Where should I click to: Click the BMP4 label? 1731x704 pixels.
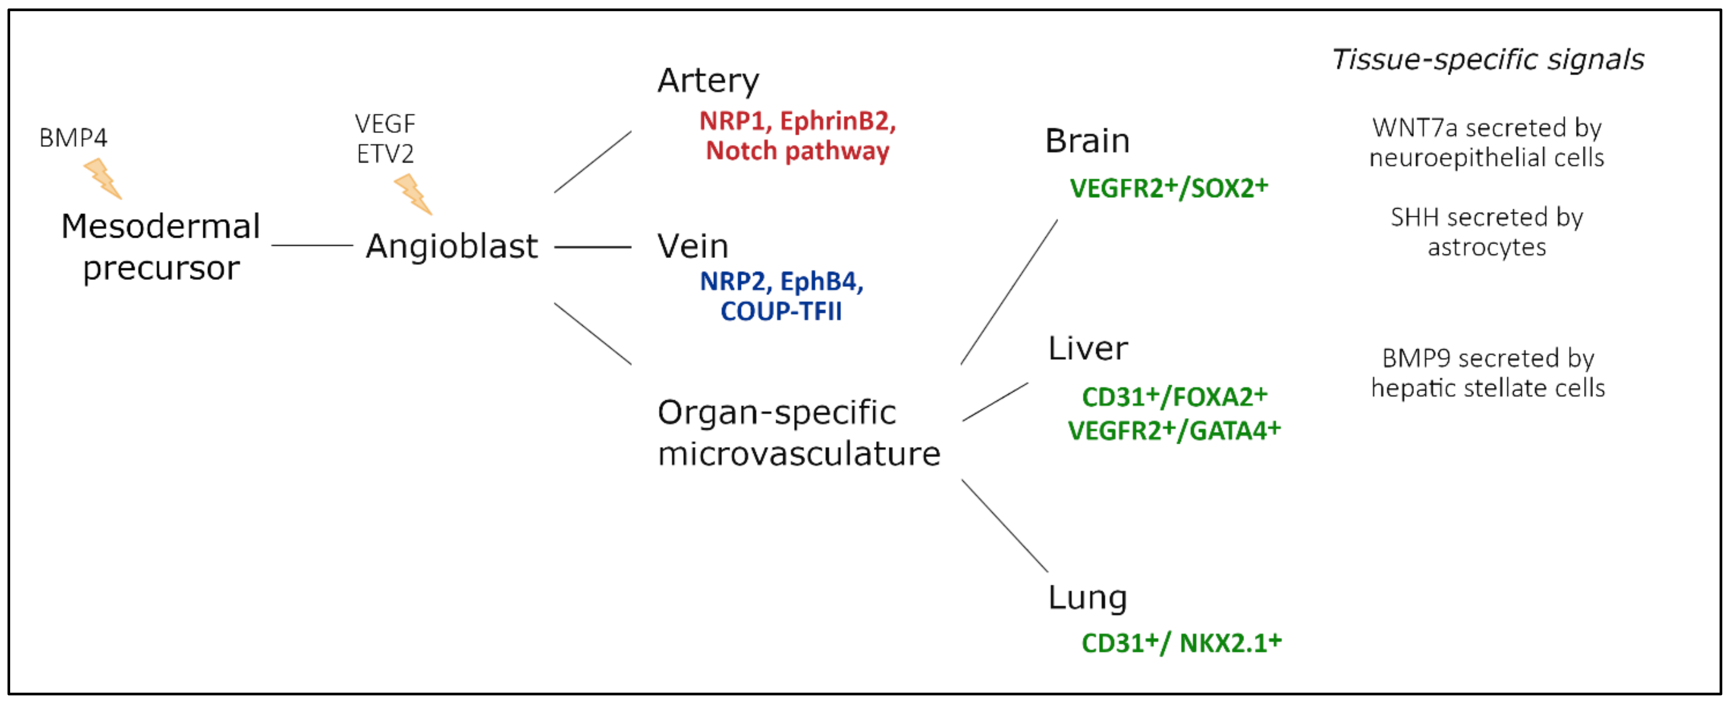pos(73,138)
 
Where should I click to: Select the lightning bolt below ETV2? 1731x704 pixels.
pos(412,194)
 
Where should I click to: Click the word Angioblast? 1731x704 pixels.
pos(452,246)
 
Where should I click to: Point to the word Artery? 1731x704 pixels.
pos(708,81)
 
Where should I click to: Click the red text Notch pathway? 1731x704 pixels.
pos(798,151)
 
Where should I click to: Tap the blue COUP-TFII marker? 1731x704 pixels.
pos(781,311)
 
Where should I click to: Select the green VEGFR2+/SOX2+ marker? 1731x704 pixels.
pos(1169,188)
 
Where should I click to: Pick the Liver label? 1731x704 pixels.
pos(1088,349)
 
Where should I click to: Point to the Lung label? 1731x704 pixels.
pos(1087,598)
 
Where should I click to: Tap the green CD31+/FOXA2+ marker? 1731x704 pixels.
pos(1174,397)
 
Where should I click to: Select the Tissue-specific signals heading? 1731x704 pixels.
pos(1488,60)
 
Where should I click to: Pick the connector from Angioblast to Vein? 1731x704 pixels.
pos(593,247)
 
